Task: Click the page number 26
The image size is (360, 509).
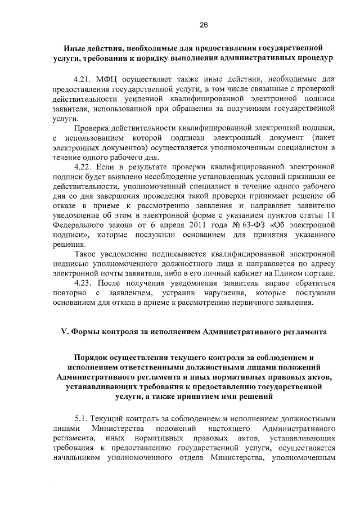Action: coord(203,25)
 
